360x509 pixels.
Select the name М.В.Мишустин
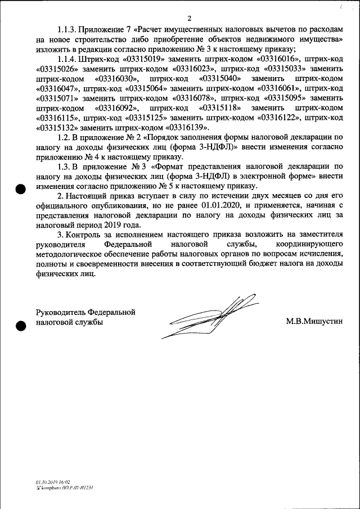tap(314, 321)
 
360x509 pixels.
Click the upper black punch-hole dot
tap(21, 189)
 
